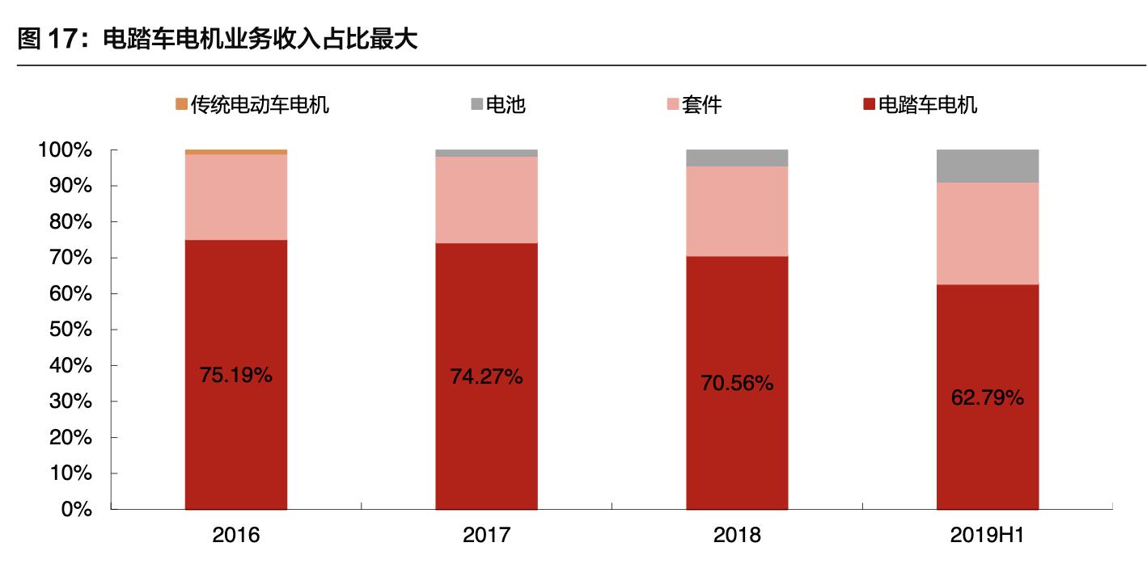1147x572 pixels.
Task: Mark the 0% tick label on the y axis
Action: click(x=79, y=510)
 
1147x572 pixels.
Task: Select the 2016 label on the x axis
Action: click(x=236, y=536)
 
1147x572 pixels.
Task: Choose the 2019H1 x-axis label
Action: click(x=988, y=536)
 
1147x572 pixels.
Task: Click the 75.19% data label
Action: click(x=236, y=375)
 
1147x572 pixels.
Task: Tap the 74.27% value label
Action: click(x=487, y=376)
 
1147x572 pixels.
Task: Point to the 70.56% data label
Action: click(x=737, y=384)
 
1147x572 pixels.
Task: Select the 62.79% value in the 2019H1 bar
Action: click(x=988, y=397)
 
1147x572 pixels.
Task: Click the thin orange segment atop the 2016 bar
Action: click(x=236, y=152)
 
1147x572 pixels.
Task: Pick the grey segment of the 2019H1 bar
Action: click(x=988, y=166)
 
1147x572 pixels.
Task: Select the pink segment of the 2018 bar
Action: click(x=737, y=211)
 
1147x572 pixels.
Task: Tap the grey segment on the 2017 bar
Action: click(x=487, y=153)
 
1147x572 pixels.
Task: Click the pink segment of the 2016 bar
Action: click(x=236, y=197)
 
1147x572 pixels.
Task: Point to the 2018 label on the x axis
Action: click(x=737, y=536)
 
